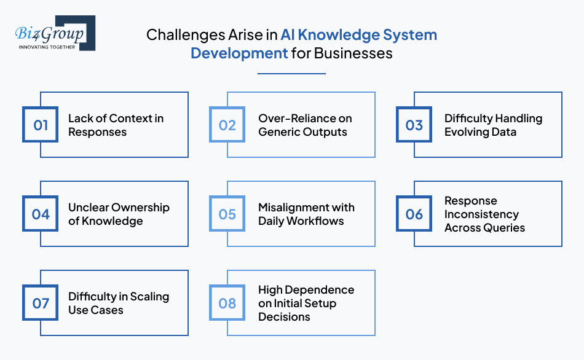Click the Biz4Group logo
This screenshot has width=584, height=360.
(x=54, y=33)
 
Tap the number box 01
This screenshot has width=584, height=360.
(x=41, y=125)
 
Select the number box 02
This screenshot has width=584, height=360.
(x=227, y=125)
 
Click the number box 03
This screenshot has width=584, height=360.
(x=414, y=125)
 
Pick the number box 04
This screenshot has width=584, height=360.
(x=41, y=214)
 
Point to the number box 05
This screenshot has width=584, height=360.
(x=227, y=214)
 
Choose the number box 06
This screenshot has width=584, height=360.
(x=414, y=214)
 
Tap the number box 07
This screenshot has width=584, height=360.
(x=41, y=303)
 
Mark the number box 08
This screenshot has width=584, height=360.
(x=227, y=303)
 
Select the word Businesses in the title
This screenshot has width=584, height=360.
(x=353, y=53)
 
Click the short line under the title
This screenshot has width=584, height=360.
(x=291, y=74)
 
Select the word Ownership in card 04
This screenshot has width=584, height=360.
(x=139, y=208)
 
